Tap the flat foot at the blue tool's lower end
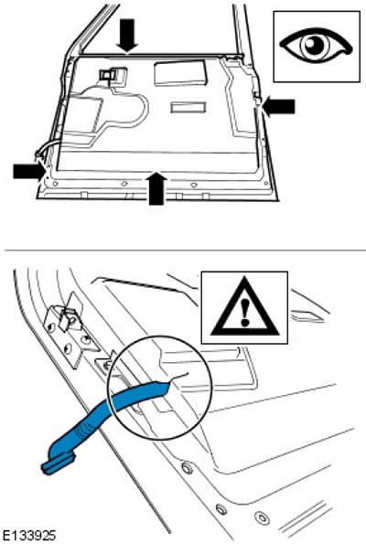(59, 464)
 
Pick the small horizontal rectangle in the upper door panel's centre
(188, 108)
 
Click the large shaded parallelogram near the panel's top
(180, 73)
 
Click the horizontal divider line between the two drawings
(186, 250)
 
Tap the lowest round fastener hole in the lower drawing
(263, 518)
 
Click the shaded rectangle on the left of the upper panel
(83, 113)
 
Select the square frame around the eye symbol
(317, 47)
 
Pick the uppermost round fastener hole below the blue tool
(186, 467)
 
